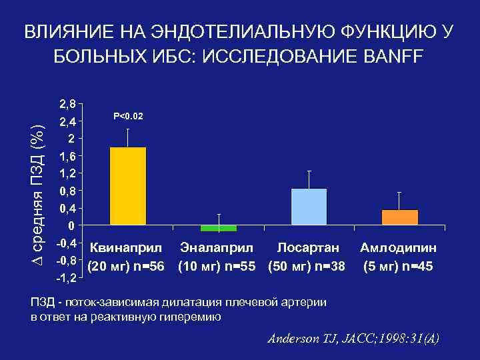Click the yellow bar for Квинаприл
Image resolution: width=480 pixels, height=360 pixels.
click(127, 186)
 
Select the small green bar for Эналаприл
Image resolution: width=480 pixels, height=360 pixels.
click(219, 229)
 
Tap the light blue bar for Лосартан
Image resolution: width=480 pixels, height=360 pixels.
click(309, 207)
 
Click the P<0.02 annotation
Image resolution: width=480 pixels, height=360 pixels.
click(128, 117)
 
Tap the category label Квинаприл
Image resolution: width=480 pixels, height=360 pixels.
click(126, 248)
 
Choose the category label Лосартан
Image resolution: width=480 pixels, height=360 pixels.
click(308, 248)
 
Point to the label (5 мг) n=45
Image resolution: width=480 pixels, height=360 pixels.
click(399, 267)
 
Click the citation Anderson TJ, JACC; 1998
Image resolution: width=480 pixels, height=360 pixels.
click(353, 338)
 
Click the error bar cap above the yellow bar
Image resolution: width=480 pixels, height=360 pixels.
click(128, 129)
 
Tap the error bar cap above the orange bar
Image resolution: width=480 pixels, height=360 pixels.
click(400, 192)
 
